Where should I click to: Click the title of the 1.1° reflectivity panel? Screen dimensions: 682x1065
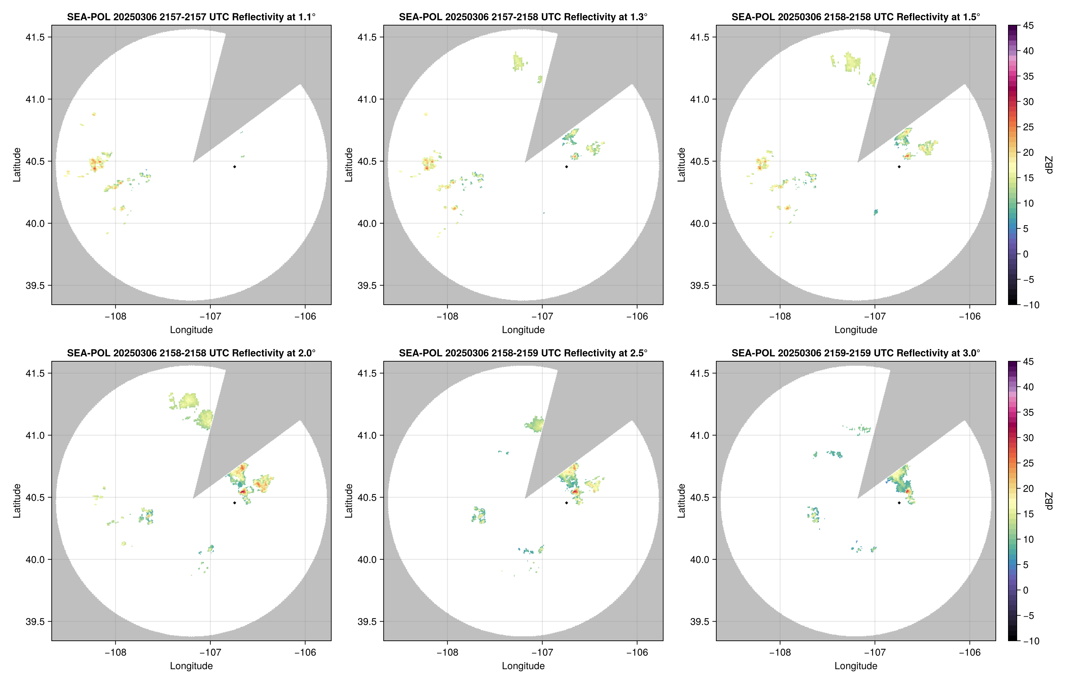pos(191,17)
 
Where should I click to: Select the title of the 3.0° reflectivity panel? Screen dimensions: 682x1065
pos(856,353)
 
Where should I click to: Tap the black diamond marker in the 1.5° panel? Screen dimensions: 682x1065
pos(899,167)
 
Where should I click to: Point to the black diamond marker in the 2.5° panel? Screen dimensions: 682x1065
pos(566,503)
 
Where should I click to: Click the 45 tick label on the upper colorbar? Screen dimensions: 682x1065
pos(1028,26)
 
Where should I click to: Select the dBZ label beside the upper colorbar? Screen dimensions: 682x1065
pos(1049,165)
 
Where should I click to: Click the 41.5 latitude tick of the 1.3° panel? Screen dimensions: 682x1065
pos(367,37)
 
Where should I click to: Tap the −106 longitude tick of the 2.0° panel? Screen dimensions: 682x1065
pos(305,652)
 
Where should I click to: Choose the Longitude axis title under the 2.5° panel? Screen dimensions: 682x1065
pos(523,666)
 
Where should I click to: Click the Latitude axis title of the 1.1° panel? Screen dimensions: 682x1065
pos(17,165)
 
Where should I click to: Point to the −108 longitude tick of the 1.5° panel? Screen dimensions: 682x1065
pos(780,317)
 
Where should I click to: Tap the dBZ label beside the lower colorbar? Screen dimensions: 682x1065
pos(1049,501)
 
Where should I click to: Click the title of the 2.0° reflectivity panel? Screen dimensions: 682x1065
pos(191,353)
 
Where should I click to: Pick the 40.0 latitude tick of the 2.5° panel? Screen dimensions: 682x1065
pos(367,560)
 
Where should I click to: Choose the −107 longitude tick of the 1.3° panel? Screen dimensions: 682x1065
pos(542,317)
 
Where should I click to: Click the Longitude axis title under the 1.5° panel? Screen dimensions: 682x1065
pos(856,330)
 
